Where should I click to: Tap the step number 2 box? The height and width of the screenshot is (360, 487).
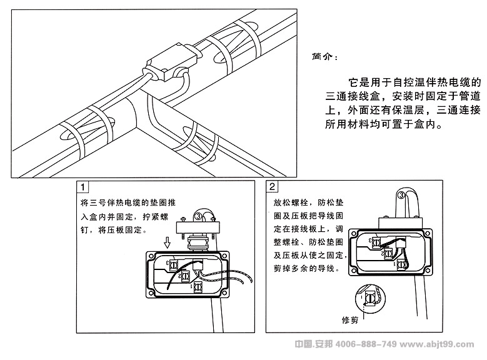tap(273, 187)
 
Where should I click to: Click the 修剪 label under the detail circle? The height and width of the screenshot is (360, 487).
tap(351, 321)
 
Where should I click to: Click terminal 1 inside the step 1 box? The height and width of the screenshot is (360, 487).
tap(198, 287)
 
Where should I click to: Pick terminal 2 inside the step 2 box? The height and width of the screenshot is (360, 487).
tap(388, 253)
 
